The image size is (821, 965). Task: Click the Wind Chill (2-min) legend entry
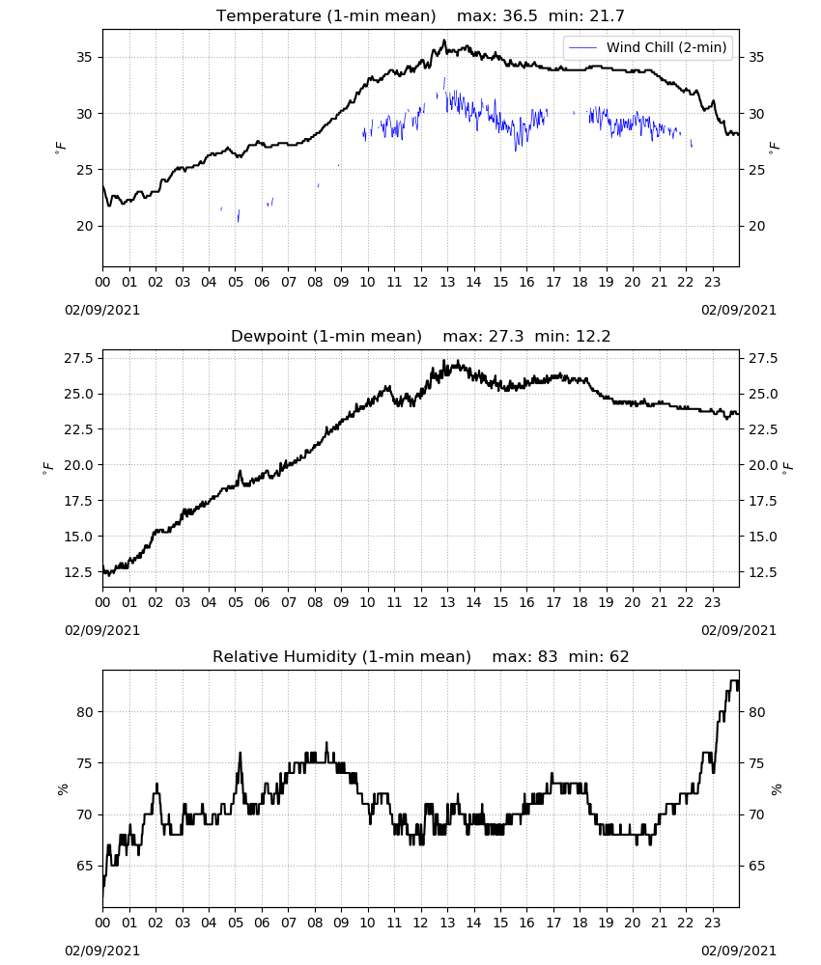point(648,47)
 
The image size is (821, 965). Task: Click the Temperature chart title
point(420,15)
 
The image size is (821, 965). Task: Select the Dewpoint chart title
point(420,336)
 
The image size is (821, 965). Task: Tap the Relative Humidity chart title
point(421,656)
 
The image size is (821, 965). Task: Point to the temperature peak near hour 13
point(444,41)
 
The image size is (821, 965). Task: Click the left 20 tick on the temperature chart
point(84,226)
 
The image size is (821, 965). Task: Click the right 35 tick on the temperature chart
point(755,57)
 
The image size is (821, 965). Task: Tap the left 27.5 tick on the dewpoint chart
point(78,358)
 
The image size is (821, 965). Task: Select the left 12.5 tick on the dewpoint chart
point(78,572)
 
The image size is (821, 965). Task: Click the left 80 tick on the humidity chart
point(84,712)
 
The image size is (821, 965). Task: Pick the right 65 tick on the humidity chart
point(755,866)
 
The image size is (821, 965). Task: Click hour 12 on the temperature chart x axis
point(421,283)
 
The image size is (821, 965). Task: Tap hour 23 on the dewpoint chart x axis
point(712,602)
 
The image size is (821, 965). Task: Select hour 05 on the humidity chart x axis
point(236,924)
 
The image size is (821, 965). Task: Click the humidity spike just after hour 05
point(240,754)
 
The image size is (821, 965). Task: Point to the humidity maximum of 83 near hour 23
point(733,680)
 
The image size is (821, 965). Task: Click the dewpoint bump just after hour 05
point(241,472)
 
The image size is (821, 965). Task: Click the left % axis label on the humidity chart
point(62,789)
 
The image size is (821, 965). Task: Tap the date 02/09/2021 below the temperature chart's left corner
point(102,310)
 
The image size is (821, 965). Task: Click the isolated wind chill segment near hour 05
point(239,215)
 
